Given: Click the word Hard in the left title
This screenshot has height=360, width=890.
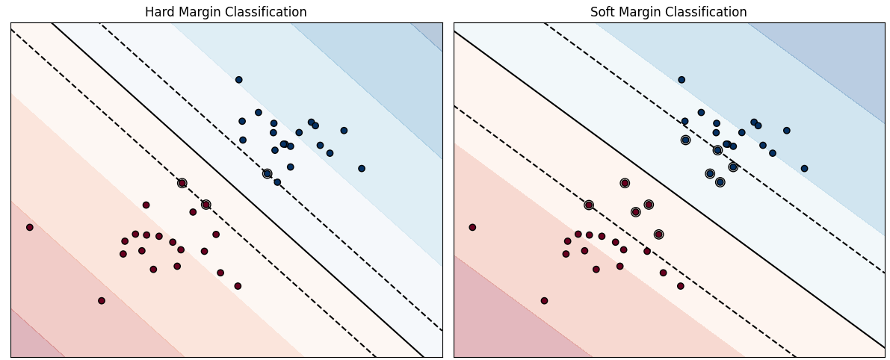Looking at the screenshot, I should [159, 12].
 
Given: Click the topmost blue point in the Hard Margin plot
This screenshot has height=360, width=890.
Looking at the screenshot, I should [238, 80].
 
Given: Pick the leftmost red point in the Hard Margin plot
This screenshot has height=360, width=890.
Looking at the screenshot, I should [30, 227].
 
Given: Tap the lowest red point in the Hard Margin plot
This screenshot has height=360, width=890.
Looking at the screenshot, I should [102, 301].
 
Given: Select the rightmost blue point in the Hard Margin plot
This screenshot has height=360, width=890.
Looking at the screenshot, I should [361, 169].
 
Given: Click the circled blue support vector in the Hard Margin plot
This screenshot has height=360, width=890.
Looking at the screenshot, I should [267, 174].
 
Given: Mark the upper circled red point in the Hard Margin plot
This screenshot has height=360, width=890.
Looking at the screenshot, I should [182, 183].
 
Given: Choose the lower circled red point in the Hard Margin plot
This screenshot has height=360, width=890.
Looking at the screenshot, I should [205, 205].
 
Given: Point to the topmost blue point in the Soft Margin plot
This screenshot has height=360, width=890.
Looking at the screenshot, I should [682, 80].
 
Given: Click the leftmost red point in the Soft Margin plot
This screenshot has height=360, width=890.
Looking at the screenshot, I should [472, 227].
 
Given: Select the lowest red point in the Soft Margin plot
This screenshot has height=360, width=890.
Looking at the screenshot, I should [544, 301].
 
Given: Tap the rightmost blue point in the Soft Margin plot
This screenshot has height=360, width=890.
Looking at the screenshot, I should [804, 169].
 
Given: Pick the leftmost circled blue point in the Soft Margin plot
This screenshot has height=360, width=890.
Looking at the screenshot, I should [685, 140].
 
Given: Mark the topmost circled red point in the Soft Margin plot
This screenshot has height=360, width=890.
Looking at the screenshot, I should [625, 183].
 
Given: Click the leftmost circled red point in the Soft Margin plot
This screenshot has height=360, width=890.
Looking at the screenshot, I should [589, 205].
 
